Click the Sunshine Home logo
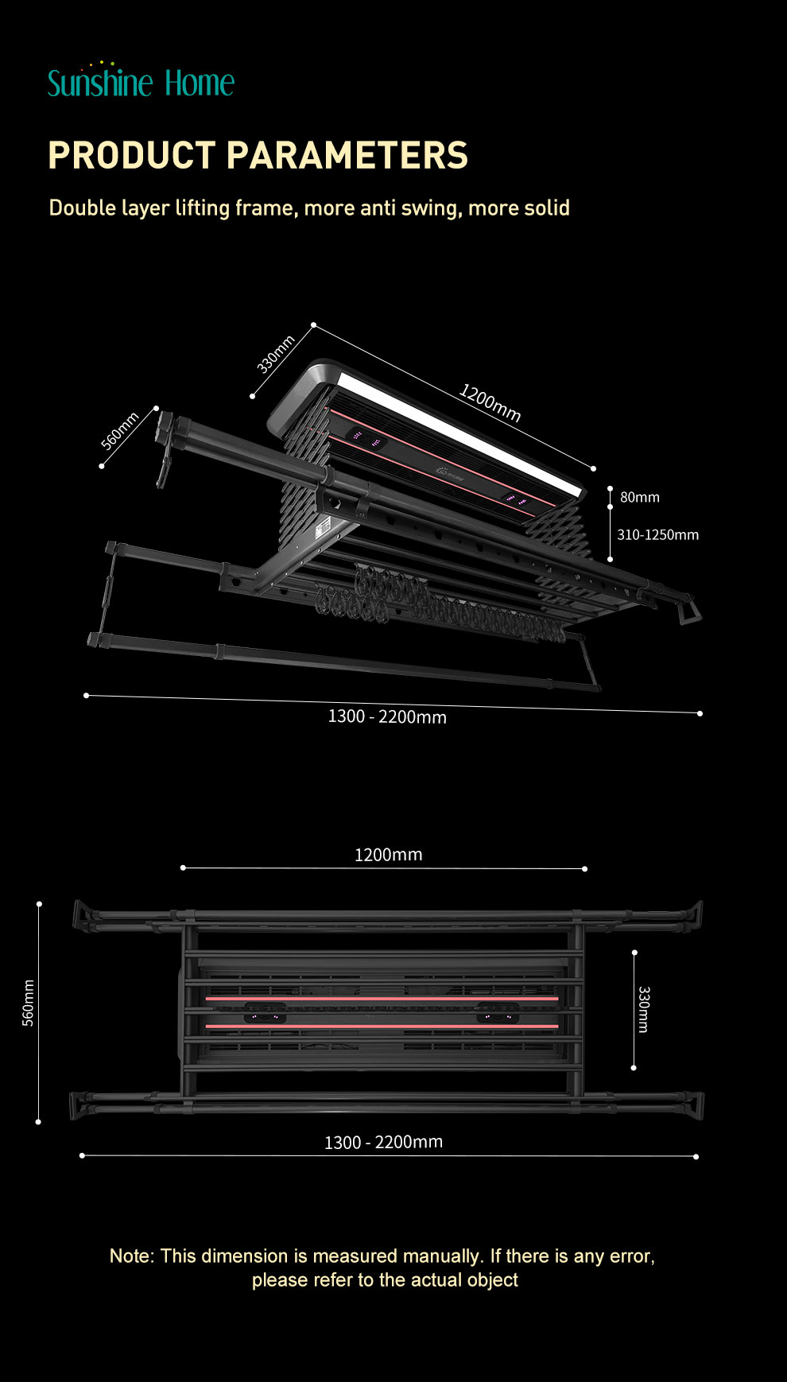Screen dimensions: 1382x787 tap(141, 82)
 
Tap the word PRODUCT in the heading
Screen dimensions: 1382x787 tap(132, 155)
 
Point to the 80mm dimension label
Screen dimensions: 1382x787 tap(639, 497)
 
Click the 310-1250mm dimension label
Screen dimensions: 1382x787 tap(657, 535)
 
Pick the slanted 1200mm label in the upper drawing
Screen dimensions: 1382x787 tap(490, 402)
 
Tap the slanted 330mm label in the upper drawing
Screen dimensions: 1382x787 tap(275, 354)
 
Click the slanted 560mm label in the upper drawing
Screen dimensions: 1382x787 tap(120, 431)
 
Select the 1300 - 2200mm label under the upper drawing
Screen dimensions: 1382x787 tap(387, 716)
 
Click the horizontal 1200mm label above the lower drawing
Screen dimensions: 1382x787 tap(388, 855)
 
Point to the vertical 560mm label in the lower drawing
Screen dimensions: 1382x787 tap(29, 1004)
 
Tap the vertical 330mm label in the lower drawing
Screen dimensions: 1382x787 tap(644, 1009)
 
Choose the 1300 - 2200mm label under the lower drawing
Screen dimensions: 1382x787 tap(383, 1142)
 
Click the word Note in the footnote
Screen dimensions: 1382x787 tap(130, 1256)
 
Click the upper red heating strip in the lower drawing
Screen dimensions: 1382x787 tap(382, 998)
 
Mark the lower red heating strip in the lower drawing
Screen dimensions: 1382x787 tap(382, 1027)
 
